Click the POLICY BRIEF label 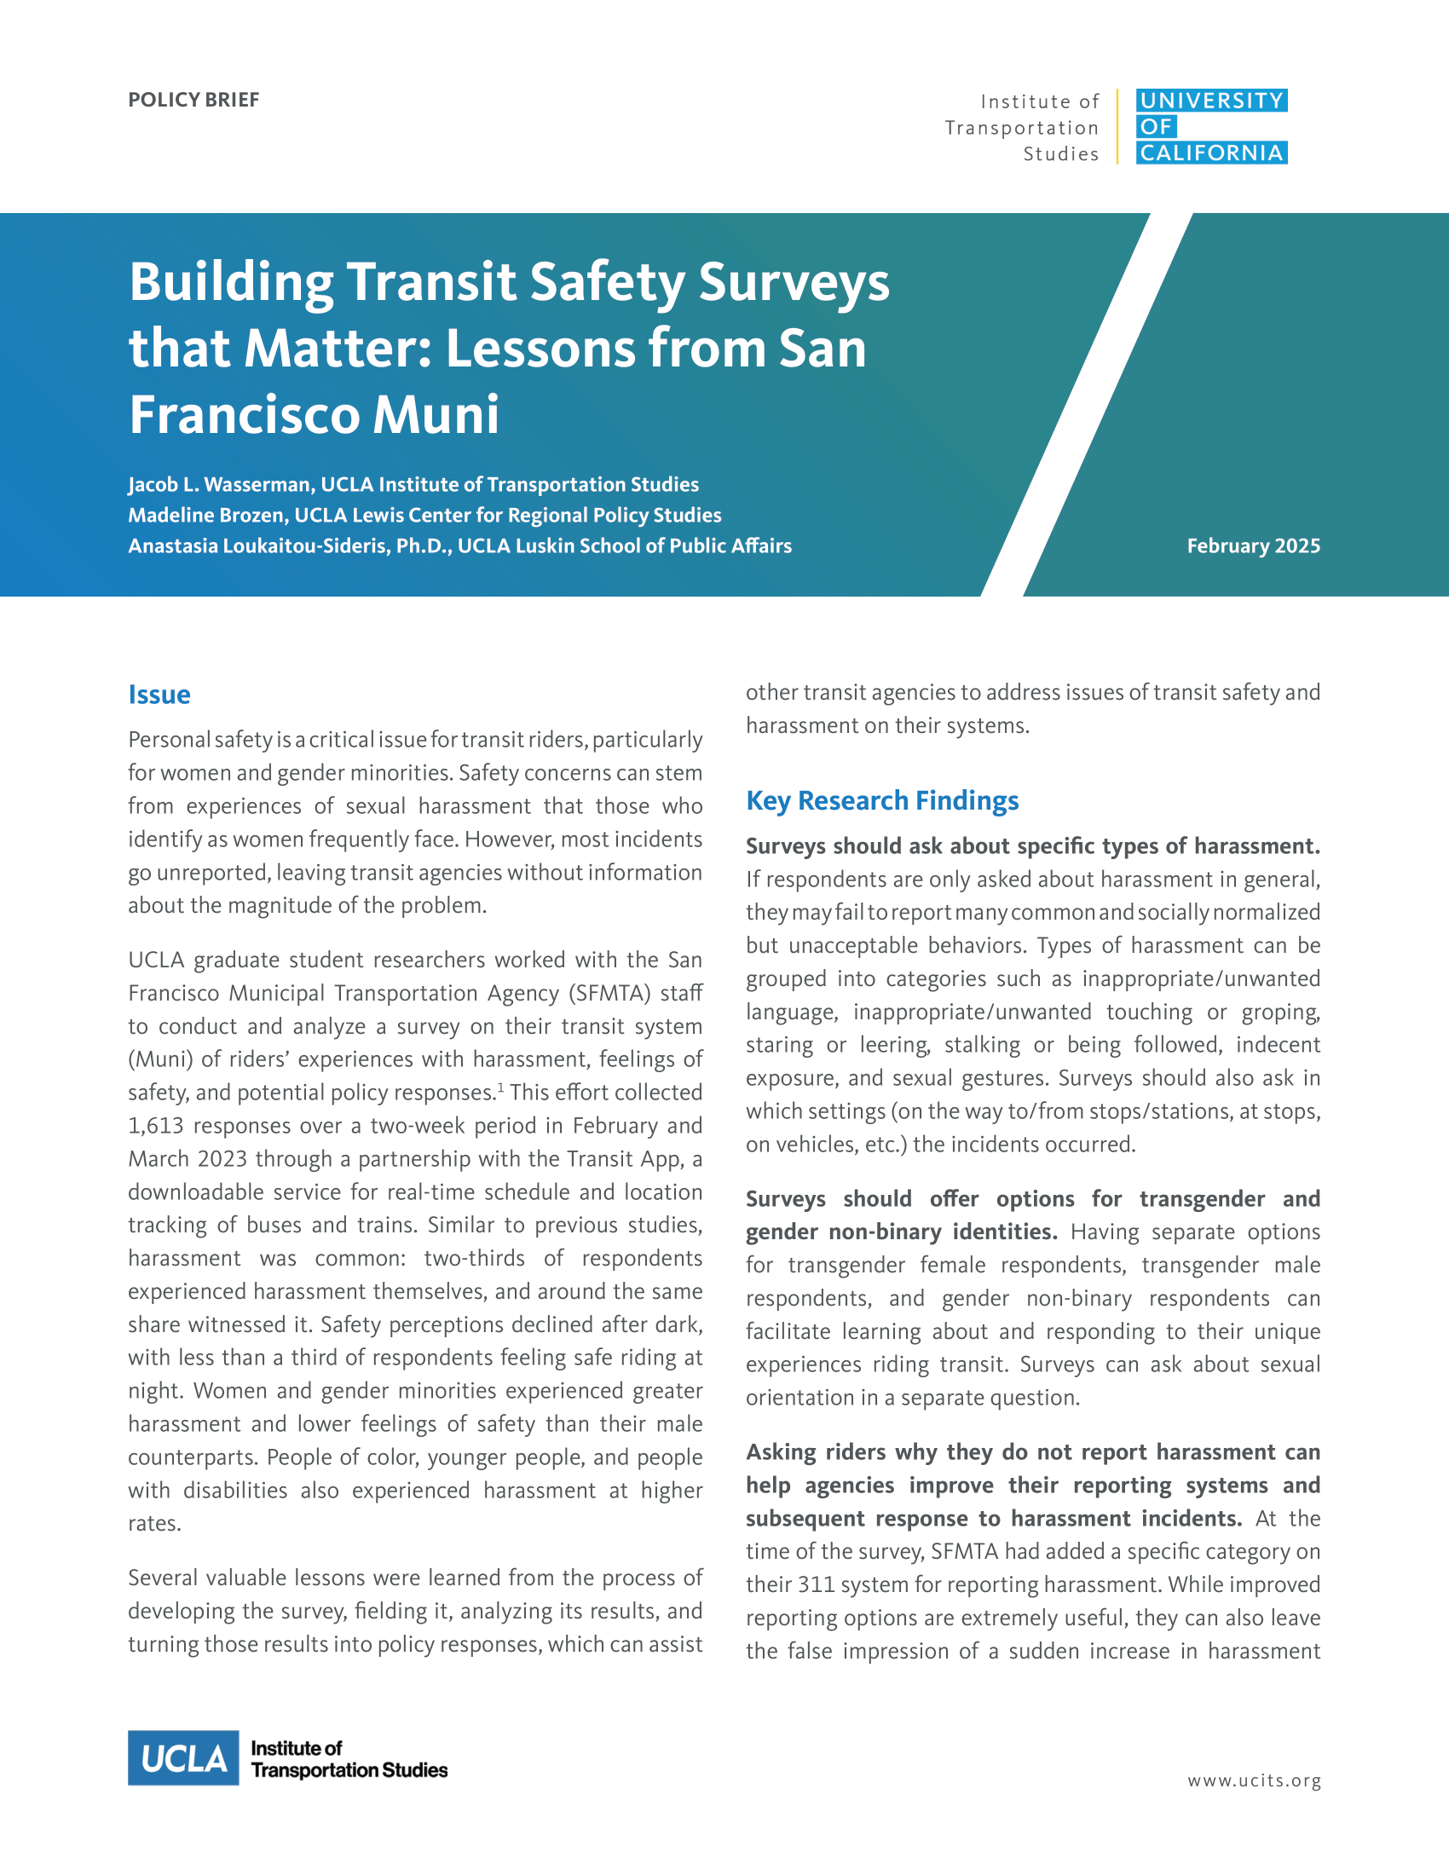(193, 100)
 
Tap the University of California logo (1210, 126)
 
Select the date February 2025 (1252, 546)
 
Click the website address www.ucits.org (1254, 1780)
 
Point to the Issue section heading (159, 695)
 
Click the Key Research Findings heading (881, 800)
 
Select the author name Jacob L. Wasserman (221, 485)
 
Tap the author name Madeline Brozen (206, 515)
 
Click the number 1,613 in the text (155, 1126)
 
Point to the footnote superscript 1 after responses (500, 1087)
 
